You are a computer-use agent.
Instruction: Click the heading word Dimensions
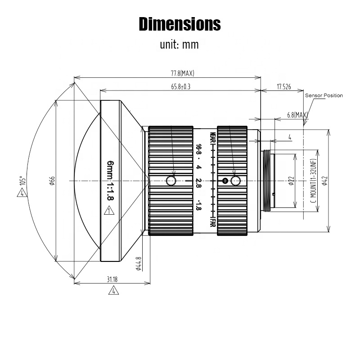180,24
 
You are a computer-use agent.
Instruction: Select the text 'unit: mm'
179,45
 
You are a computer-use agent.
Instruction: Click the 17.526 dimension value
283,87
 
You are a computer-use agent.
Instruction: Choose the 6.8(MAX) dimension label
297,115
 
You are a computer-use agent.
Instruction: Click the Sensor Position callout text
324,95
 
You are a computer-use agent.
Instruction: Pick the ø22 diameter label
291,181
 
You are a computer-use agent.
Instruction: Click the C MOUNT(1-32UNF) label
313,181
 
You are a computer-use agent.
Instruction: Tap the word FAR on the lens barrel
212,223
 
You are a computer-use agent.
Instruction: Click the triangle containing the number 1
108,210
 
